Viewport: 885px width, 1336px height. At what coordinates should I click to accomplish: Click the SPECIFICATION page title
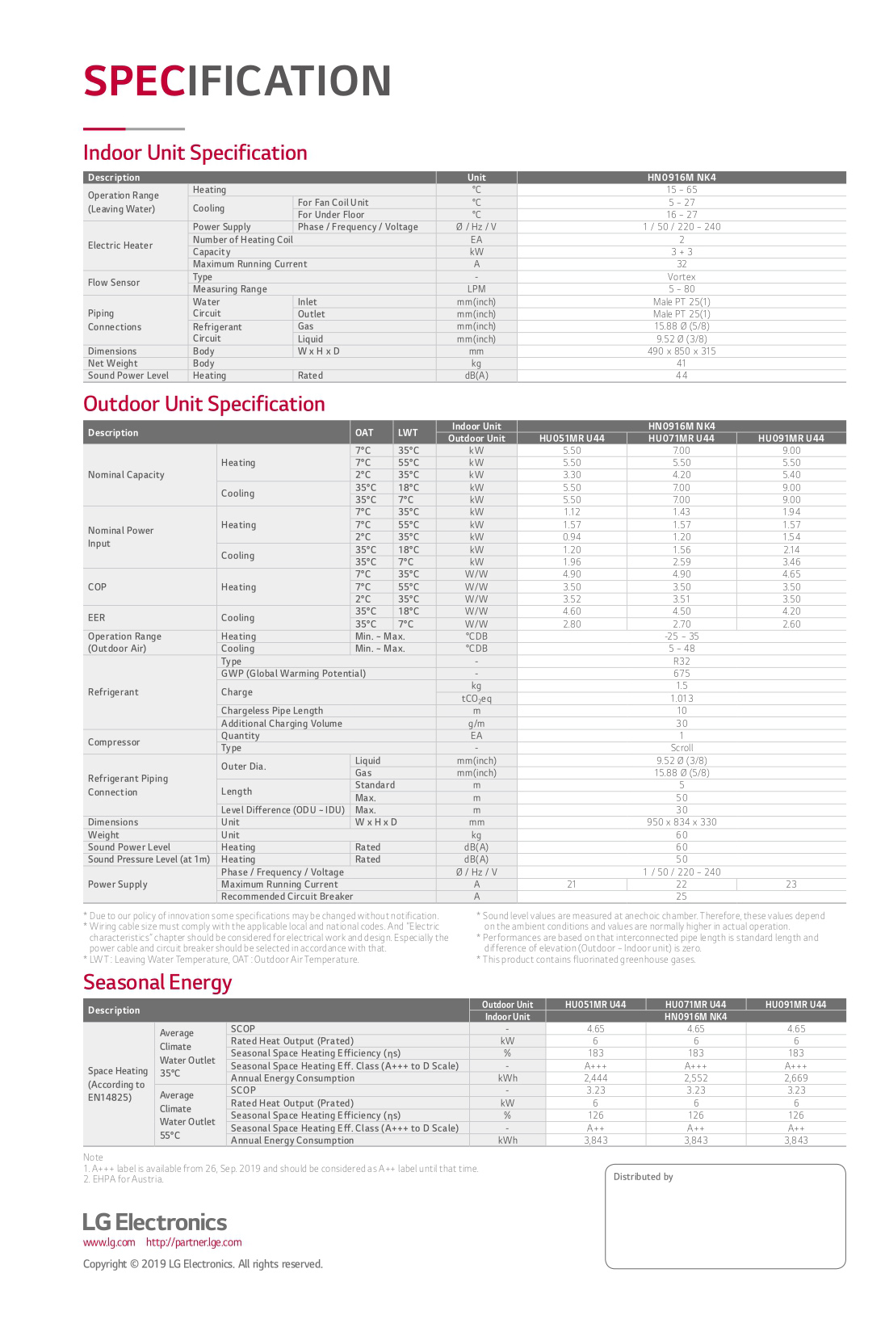point(237,82)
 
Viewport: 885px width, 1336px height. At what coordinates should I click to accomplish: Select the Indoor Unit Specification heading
point(195,153)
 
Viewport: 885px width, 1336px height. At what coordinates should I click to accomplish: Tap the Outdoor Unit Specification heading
point(203,404)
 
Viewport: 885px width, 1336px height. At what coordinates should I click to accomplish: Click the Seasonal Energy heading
point(157,982)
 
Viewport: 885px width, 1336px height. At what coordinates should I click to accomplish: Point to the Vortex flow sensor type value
point(682,277)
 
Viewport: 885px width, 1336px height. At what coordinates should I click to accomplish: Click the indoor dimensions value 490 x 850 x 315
point(682,351)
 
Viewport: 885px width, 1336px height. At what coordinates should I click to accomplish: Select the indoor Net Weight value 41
point(682,363)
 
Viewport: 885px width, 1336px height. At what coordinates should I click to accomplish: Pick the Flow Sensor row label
point(114,283)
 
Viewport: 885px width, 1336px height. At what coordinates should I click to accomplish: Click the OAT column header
point(364,433)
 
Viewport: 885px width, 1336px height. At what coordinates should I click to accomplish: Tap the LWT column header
point(408,433)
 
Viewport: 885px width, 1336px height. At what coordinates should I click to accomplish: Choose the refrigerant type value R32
point(682,662)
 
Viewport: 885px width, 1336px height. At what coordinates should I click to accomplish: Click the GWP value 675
point(682,674)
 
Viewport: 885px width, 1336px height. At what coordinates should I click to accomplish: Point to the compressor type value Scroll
point(682,748)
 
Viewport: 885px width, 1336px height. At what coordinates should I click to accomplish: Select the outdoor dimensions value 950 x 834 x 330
point(682,822)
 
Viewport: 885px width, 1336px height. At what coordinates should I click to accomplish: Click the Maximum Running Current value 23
point(791,884)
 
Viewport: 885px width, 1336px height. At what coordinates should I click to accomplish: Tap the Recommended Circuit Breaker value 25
point(682,897)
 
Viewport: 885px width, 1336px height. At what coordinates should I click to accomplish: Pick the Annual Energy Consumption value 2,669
point(795,1078)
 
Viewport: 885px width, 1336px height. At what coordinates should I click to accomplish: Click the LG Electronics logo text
point(155,1222)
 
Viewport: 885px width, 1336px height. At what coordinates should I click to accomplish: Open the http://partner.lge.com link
point(194,1242)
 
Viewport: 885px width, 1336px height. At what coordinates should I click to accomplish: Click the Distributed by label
point(643,1177)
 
